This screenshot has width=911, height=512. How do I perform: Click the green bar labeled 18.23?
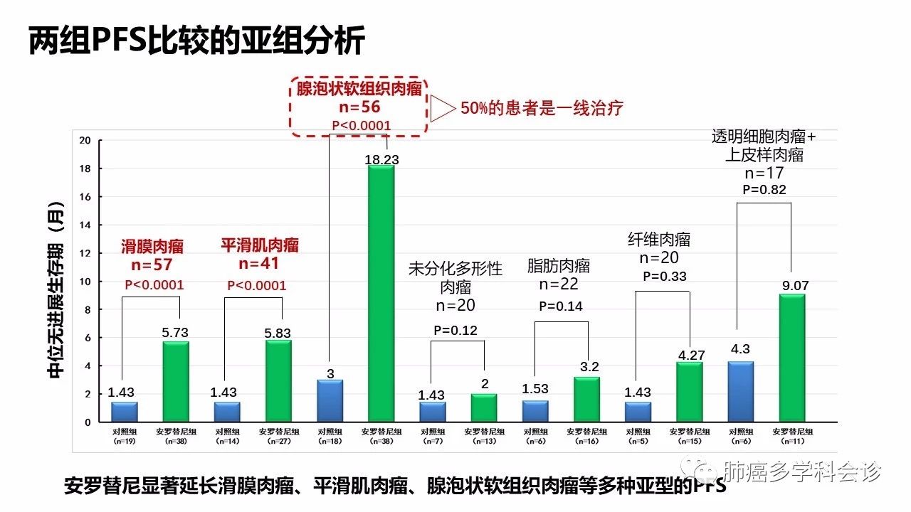tap(381, 294)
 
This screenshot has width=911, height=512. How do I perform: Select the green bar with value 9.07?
tap(792, 358)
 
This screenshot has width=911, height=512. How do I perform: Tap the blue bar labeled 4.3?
tap(741, 392)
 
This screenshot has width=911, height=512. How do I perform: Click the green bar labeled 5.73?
tap(176, 382)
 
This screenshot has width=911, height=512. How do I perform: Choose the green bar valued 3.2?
tap(586, 399)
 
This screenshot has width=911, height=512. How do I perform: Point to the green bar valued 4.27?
tap(690, 392)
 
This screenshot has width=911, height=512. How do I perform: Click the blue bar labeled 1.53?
tap(535, 411)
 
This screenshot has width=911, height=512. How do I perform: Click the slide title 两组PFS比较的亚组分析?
tap(196, 41)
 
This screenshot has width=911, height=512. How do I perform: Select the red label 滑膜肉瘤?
tap(152, 247)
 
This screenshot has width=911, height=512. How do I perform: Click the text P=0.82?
tap(764, 190)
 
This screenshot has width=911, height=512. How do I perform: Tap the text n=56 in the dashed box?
tap(360, 107)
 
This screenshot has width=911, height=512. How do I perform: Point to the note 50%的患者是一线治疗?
tap(542, 108)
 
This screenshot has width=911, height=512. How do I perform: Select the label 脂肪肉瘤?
tap(559, 266)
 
